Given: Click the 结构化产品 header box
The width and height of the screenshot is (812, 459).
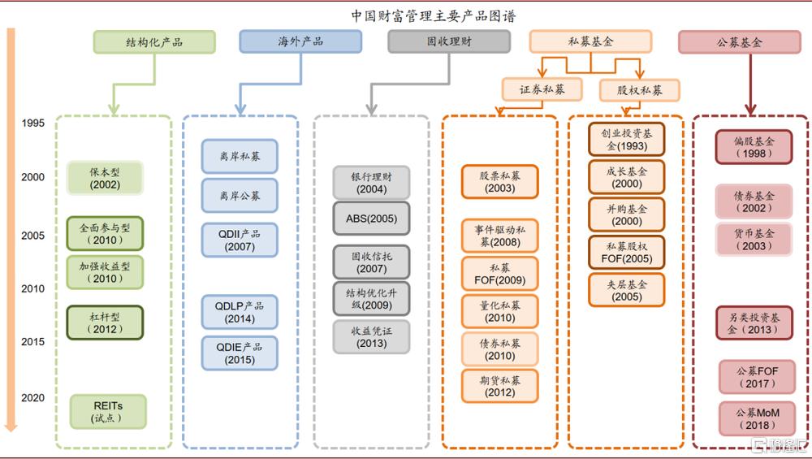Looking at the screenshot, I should pyautogui.click(x=154, y=41).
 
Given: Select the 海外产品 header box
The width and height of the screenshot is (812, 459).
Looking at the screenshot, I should pyautogui.click(x=300, y=41).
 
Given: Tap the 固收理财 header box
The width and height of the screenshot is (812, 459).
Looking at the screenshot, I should pyautogui.click(x=449, y=41).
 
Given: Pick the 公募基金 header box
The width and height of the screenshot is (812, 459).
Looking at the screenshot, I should pyautogui.click(x=739, y=42).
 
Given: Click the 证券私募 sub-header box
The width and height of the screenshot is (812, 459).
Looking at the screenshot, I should pyautogui.click(x=542, y=89).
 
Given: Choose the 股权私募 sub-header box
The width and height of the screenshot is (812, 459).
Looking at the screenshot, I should pyautogui.click(x=639, y=89).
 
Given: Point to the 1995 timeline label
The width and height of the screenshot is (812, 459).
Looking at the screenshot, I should pyautogui.click(x=33, y=123).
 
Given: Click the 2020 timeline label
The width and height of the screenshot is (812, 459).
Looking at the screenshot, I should pyautogui.click(x=33, y=398).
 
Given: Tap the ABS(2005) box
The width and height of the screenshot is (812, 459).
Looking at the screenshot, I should pyautogui.click(x=371, y=219).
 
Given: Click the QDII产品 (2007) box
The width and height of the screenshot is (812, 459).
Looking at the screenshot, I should pyautogui.click(x=240, y=240).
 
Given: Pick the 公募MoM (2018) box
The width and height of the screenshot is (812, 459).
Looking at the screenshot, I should pyautogui.click(x=757, y=418).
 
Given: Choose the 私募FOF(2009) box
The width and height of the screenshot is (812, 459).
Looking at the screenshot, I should pyautogui.click(x=499, y=274).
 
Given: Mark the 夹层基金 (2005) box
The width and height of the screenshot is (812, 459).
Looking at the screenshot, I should pyautogui.click(x=627, y=290).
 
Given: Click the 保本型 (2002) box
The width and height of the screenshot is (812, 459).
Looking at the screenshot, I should pyautogui.click(x=106, y=178).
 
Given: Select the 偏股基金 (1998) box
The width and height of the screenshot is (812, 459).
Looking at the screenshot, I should pyautogui.click(x=753, y=147).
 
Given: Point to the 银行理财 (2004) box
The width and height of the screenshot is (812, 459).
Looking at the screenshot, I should pyautogui.click(x=371, y=183).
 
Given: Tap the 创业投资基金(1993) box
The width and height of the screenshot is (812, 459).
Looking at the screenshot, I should pyautogui.click(x=627, y=139).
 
